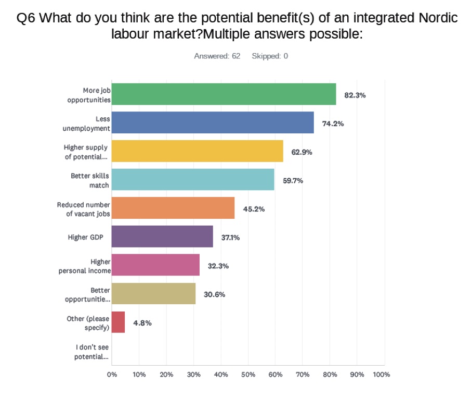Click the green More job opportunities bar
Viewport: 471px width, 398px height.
point(224,94)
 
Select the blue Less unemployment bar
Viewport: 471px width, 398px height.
point(213,122)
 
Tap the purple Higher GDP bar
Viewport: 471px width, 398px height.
point(162,237)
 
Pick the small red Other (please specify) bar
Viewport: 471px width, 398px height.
point(119,322)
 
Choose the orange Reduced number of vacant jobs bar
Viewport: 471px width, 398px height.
point(173,208)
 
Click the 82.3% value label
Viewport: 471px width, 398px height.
point(355,95)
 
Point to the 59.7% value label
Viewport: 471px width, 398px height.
point(293,181)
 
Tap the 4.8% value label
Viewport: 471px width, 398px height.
point(142,323)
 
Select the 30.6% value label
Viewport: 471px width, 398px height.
point(215,294)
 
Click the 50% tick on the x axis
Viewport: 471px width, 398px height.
point(248,375)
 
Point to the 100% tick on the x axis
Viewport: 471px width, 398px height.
point(382,375)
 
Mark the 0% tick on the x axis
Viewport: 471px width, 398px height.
point(112,375)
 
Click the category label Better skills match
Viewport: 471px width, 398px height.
point(90,180)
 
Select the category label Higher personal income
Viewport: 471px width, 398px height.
point(85,266)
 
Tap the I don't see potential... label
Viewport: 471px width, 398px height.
point(91,352)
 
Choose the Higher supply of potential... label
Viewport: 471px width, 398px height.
point(86,152)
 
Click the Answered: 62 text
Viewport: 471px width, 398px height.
point(217,56)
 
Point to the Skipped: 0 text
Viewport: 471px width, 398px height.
point(270,56)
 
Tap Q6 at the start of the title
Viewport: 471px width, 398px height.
point(25,18)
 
